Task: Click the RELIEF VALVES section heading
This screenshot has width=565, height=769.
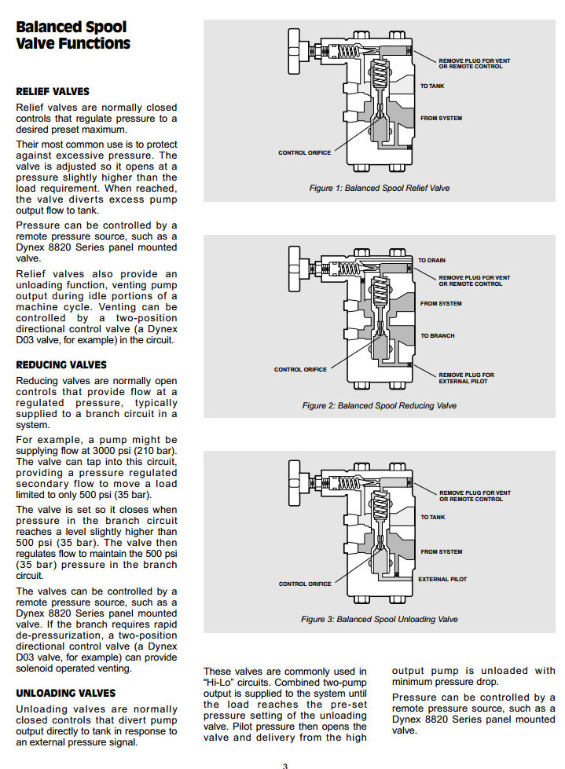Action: (53, 92)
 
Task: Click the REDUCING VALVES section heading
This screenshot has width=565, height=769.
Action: (61, 365)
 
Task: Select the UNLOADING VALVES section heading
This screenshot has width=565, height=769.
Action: (66, 694)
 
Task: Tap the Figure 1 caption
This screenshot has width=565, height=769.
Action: (380, 189)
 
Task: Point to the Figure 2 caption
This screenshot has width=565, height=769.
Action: (379, 405)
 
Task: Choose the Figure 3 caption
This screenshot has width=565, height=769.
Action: (379, 619)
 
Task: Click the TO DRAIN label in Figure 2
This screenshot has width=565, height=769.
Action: (431, 260)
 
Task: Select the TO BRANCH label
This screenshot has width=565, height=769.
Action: (437, 335)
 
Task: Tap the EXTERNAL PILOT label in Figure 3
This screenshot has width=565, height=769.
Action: (442, 579)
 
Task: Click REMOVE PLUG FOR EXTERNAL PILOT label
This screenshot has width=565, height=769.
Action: (466, 378)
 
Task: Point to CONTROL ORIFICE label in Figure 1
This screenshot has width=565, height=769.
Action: (304, 152)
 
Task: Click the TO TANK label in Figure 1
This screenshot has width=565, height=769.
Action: (432, 86)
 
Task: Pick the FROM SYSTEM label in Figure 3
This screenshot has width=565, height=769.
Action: (441, 551)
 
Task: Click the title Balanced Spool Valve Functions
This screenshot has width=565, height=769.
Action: (73, 35)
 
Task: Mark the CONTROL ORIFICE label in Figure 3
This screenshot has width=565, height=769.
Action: (305, 584)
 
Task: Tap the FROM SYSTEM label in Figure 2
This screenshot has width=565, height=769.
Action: (441, 303)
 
